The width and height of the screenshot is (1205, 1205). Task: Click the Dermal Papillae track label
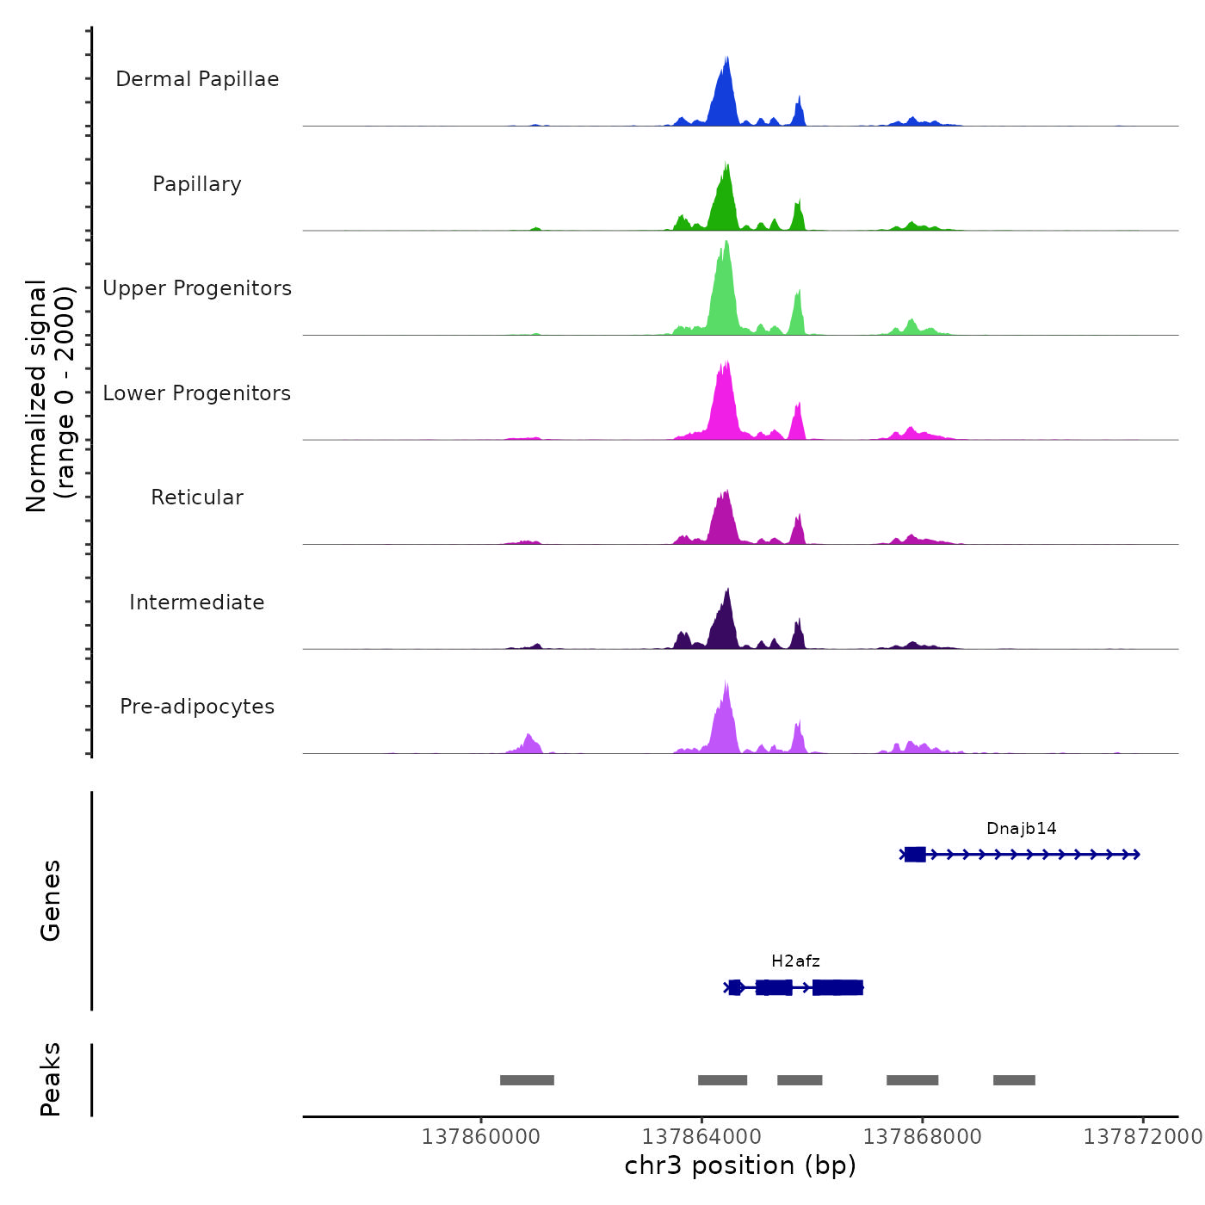click(197, 79)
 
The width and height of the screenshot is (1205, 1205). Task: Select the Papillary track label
click(197, 184)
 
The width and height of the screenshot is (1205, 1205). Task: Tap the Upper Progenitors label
click(197, 288)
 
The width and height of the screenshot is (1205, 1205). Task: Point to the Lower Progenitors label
click(197, 393)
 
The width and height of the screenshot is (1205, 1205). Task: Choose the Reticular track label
click(197, 497)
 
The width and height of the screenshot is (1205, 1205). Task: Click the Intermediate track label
click(197, 602)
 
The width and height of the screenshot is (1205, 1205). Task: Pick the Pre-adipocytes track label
click(197, 707)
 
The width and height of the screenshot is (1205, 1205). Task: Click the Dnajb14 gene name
click(1021, 829)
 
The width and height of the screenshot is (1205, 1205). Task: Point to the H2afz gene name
click(795, 961)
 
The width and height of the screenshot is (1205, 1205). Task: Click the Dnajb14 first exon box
click(915, 855)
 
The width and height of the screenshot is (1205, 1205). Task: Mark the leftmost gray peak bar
click(527, 1080)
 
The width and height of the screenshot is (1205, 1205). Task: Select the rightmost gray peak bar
click(1014, 1080)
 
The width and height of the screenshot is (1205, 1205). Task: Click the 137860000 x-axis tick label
click(480, 1137)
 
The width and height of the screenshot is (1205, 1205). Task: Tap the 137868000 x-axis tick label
click(922, 1137)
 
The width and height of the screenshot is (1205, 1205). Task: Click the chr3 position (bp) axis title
click(740, 1165)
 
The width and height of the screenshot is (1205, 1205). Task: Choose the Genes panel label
click(50, 900)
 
